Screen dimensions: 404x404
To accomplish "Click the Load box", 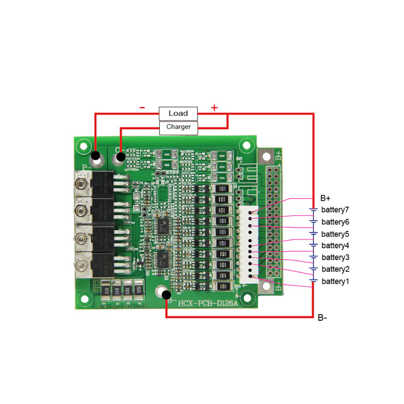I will pos(178,113).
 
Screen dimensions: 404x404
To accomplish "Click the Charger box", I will pos(178,126).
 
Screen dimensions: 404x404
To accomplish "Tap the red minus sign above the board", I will pos(142,107).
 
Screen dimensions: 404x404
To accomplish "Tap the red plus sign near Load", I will pos(214,107).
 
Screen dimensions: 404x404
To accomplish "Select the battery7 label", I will pos(335,210).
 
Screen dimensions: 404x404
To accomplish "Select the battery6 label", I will pos(335,222).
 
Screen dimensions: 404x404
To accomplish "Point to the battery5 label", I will pos(335,234).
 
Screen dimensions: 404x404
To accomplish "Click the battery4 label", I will pos(335,245).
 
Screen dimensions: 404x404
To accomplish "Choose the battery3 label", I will pos(335,257).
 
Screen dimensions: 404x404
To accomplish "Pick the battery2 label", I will pos(335,269).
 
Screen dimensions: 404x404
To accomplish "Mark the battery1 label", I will pos(335,281).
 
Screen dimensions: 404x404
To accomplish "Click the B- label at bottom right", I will pos(322,317).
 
